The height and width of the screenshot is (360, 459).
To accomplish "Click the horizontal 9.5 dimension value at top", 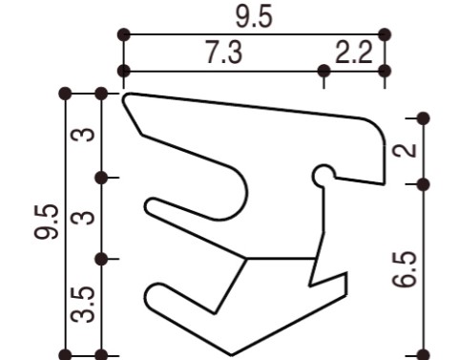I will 253,16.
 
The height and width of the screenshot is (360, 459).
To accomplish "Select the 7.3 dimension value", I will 223,53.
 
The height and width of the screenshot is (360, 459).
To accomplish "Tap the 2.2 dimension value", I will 354,53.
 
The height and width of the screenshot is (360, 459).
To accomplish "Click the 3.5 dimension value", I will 85,307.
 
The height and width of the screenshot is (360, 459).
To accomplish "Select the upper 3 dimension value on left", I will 85,135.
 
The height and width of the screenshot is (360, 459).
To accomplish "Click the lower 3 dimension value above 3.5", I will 85,218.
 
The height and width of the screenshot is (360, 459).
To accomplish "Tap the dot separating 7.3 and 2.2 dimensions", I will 324,71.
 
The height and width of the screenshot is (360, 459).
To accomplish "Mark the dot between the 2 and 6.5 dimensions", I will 424,181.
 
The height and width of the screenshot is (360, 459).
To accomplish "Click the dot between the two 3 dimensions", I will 102,177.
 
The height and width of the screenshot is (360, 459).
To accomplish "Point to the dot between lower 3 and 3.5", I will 102,259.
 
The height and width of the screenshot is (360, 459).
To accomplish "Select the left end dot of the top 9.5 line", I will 123,34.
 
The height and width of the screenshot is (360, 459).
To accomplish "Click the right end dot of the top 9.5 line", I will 385,34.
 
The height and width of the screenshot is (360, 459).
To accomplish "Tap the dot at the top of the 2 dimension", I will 424,118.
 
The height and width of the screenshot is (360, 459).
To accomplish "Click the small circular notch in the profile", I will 324,176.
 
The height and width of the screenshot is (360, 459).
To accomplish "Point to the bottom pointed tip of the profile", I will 231,351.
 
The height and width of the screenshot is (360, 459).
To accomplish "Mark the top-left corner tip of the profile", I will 127,95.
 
